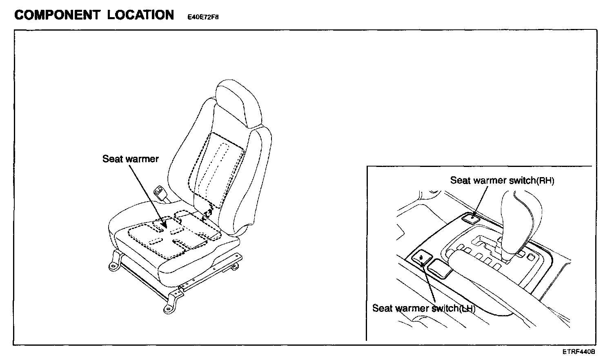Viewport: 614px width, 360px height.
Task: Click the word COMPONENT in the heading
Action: tap(57, 15)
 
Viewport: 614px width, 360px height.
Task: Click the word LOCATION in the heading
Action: tap(140, 15)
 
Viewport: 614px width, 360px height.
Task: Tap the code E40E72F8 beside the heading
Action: tap(203, 18)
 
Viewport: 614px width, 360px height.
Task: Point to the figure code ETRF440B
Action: tap(578, 351)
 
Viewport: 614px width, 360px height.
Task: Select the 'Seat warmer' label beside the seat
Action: tap(130, 159)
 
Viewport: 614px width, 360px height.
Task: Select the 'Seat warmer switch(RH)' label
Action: tap(502, 180)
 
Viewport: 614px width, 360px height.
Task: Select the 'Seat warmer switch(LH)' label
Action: tap(423, 308)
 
